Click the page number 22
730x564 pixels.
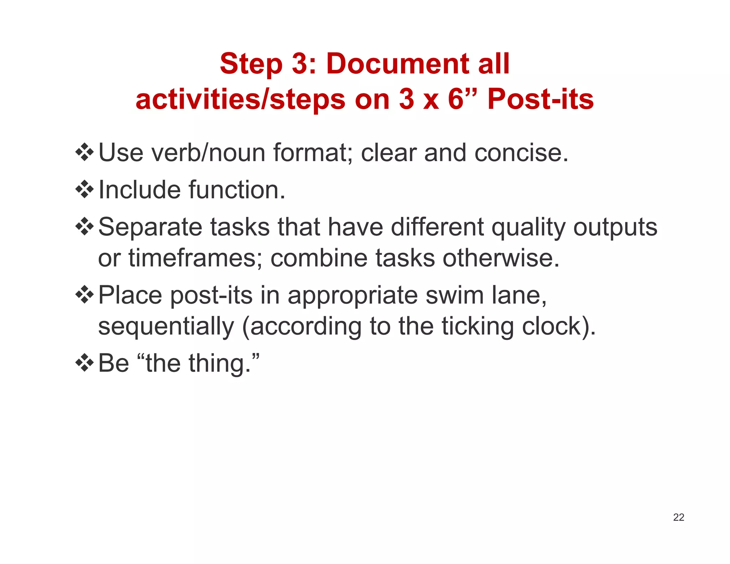[x=678, y=517]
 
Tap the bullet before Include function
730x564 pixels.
[x=84, y=189]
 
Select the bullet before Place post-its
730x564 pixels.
[x=84, y=295]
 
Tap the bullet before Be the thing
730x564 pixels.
[x=84, y=363]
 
